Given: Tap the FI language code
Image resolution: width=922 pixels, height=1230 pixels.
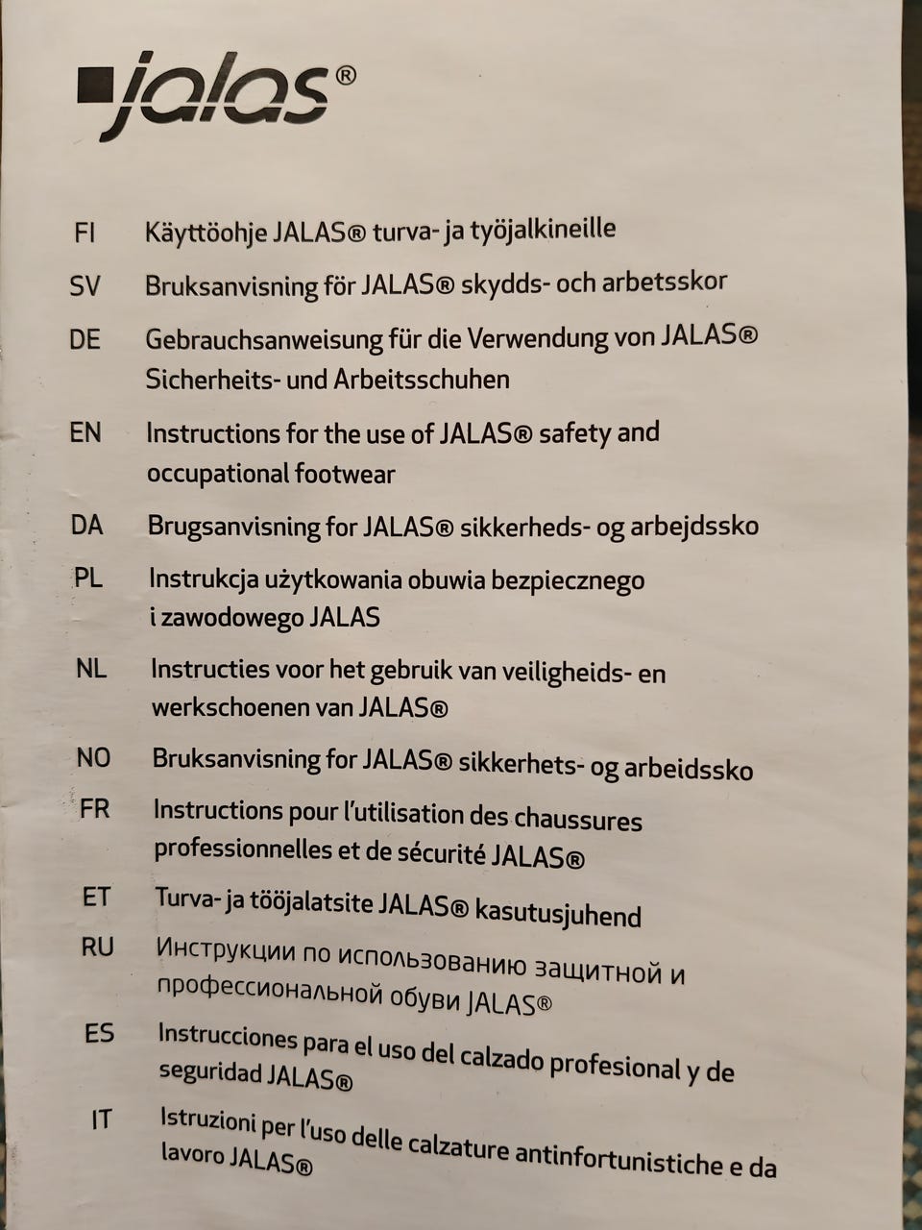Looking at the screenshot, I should [84, 233].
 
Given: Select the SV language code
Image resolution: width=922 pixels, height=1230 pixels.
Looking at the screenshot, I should [85, 285].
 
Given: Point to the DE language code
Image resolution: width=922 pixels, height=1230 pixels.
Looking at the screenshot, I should [85, 339].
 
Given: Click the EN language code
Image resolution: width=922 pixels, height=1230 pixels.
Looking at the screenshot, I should [85, 432].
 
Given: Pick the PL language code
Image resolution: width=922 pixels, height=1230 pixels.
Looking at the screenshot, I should [88, 578].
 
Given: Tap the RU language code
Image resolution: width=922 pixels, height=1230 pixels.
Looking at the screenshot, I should [97, 947].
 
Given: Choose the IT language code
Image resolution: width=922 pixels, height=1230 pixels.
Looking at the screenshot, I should [101, 1119].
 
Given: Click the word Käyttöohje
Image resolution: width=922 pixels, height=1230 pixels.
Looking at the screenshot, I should [206, 234].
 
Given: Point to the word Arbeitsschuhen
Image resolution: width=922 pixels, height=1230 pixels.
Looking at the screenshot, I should [422, 380].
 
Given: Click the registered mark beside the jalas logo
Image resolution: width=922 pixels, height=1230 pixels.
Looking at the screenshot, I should [346, 75].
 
